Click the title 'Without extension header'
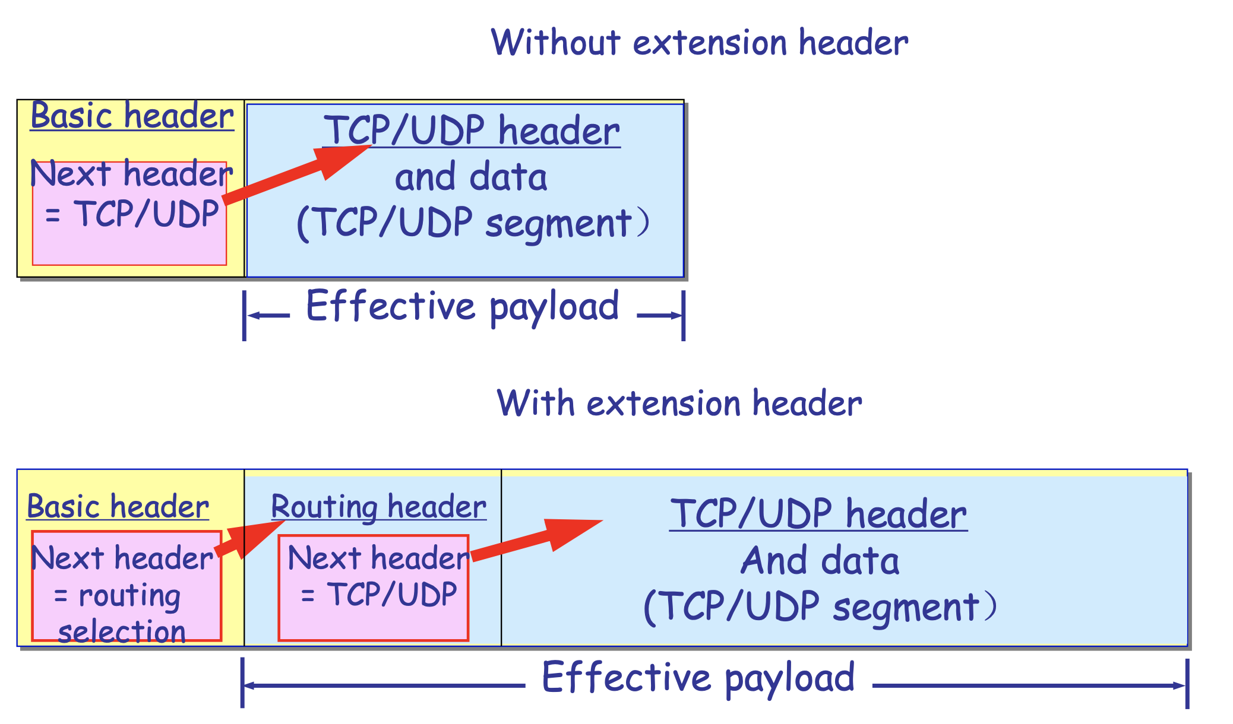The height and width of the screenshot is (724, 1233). pos(700,43)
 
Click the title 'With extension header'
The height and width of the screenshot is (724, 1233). pos(679,403)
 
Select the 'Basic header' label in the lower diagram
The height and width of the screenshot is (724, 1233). pos(118,506)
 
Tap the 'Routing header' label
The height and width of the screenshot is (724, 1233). pos(379,506)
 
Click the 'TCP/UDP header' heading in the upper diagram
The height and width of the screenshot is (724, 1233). pos(472,131)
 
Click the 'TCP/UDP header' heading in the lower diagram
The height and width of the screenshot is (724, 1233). pos(818,513)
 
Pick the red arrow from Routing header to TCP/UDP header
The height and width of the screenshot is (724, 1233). pos(536,539)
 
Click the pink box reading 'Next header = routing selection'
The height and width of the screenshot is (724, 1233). pos(127,586)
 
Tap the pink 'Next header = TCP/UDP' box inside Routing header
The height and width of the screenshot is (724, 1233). pos(374,588)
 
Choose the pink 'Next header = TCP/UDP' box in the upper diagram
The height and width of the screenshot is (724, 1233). pos(129,213)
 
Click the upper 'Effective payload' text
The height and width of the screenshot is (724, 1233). pos(463,306)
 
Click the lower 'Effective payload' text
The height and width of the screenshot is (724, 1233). pos(698,678)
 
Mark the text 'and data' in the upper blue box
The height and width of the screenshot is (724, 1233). pos(471,177)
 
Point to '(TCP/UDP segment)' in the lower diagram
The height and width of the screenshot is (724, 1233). pos(820,607)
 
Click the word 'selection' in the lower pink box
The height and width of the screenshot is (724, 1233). pos(122,631)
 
